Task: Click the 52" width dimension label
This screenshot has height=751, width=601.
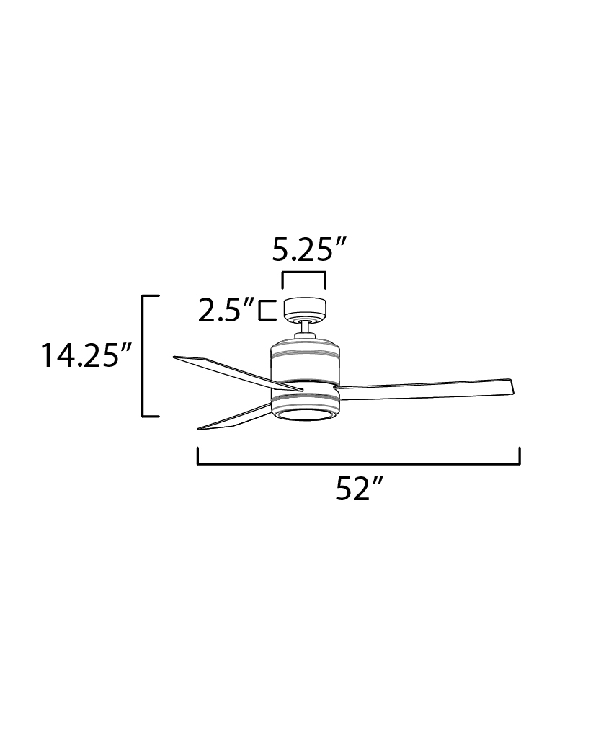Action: tap(359, 489)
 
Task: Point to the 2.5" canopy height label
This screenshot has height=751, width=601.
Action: tap(226, 311)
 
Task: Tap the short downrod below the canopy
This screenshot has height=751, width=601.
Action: tap(305, 329)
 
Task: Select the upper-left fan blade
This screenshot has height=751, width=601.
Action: tap(238, 373)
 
